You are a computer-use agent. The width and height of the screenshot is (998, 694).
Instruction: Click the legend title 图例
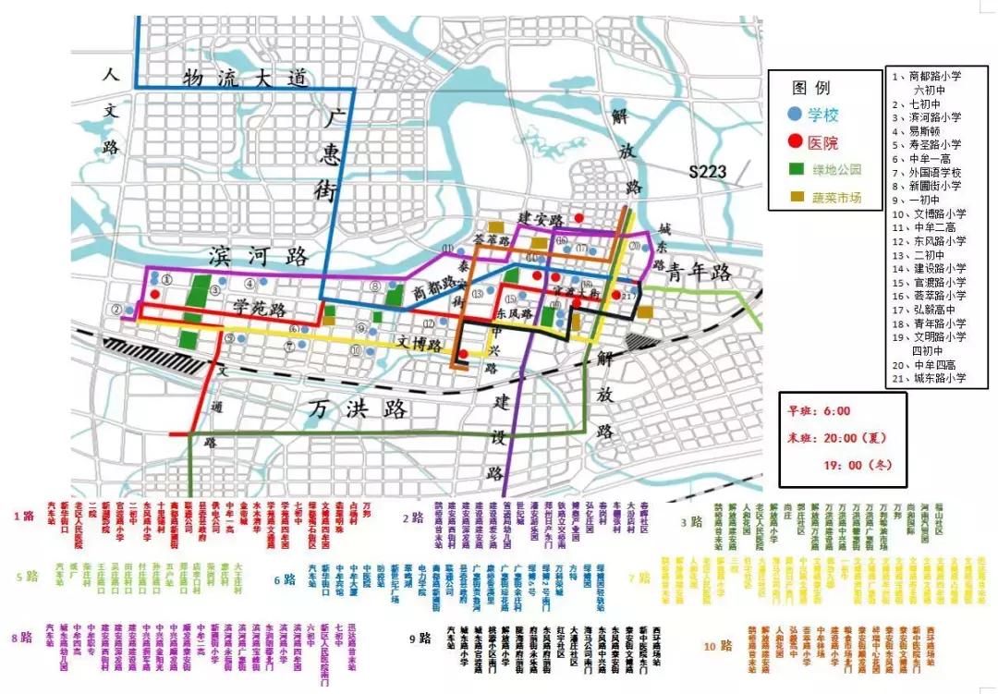pos(810,88)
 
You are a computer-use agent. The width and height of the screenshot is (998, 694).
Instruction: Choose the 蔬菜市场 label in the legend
pos(837,197)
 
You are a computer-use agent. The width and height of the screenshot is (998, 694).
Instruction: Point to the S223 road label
pos(708,171)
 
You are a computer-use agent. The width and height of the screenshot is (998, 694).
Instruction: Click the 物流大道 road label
pos(244,79)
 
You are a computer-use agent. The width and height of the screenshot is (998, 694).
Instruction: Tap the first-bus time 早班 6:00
pos(819,411)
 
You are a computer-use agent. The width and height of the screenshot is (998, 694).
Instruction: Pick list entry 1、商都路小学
pos(929,77)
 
